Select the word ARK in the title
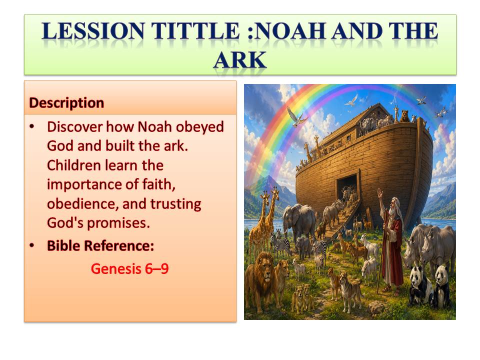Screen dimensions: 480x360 (240, 60)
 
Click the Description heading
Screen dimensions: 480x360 (66, 103)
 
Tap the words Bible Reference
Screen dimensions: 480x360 (100, 245)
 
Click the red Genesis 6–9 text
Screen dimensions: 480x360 (130, 269)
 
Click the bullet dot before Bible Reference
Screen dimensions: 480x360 (32, 245)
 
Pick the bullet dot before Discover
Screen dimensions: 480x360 (32, 126)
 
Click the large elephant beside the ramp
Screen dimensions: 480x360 (298, 221)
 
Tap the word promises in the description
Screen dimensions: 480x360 (118, 223)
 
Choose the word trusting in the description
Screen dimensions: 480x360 (175, 204)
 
